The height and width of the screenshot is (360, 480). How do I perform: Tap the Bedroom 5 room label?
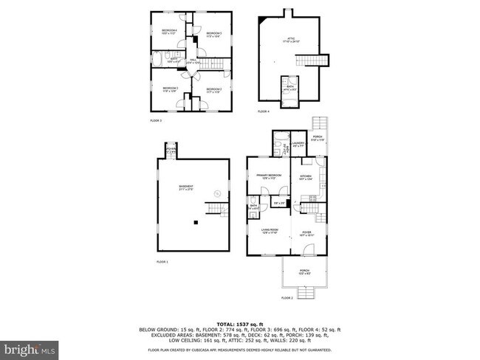point(214,35)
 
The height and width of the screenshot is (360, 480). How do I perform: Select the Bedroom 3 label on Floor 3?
point(171,89)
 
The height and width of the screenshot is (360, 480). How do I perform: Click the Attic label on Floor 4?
point(291,41)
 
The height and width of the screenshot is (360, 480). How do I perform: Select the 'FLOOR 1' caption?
point(162,262)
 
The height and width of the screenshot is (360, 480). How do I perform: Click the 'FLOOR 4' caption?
point(264,111)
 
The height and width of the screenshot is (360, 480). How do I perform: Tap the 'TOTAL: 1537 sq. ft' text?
point(240,325)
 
